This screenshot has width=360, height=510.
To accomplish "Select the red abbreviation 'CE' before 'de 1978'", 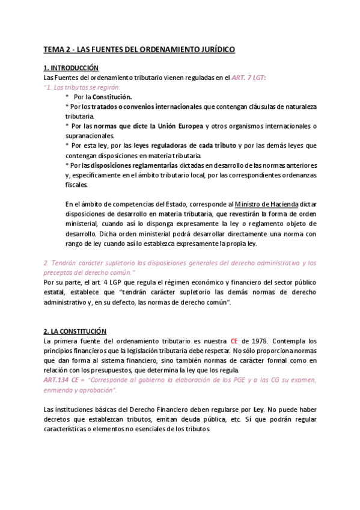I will click(234, 341).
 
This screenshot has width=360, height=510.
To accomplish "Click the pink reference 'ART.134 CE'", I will click(64, 381).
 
